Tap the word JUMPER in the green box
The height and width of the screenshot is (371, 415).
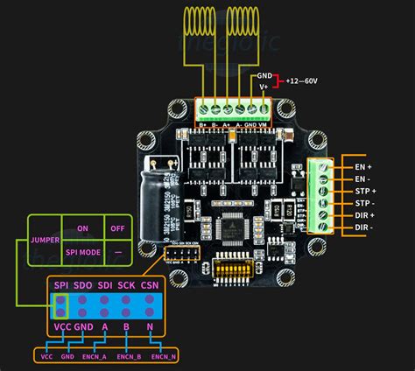tap(46, 238)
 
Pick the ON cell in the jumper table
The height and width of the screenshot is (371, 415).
tap(83, 227)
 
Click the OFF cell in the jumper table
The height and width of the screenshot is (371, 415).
tap(117, 227)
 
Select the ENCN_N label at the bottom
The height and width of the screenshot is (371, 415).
tap(164, 357)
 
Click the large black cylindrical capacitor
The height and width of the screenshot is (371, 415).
tap(158, 191)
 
